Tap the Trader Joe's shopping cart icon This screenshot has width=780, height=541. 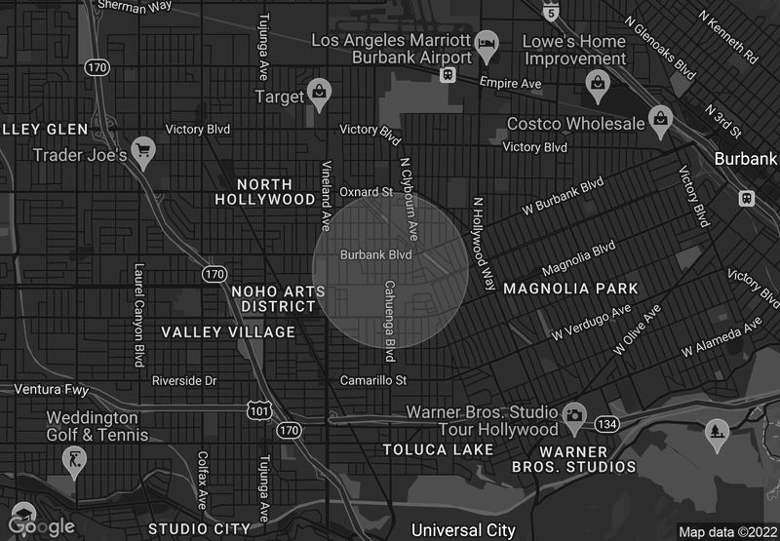pyautogui.click(x=144, y=151)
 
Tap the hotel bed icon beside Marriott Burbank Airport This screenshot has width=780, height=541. pyautogui.click(x=486, y=43)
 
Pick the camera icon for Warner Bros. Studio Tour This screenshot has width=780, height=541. pyautogui.click(x=573, y=416)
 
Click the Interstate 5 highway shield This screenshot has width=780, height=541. pyautogui.click(x=553, y=12)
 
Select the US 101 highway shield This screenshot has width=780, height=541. pyautogui.click(x=257, y=411)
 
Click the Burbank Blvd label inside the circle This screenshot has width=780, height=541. pyautogui.click(x=375, y=255)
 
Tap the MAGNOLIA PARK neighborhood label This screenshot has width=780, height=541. pyautogui.click(x=570, y=289)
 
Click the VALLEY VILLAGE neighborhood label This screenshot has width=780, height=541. pyautogui.click(x=228, y=332)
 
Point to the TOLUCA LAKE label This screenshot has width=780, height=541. pyautogui.click(x=438, y=449)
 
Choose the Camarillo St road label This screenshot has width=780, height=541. pyautogui.click(x=372, y=379)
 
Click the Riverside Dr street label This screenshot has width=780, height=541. pyautogui.click(x=184, y=379)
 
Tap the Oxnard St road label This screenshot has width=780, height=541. pyautogui.click(x=366, y=191)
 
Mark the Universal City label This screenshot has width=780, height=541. pyautogui.click(x=462, y=530)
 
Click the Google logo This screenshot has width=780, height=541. pyautogui.click(x=39, y=524)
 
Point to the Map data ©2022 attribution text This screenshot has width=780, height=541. pyautogui.click(x=726, y=532)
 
